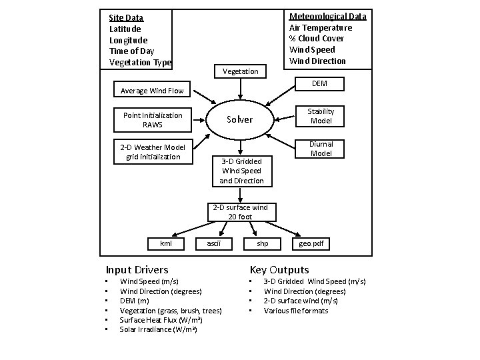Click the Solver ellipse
click(239, 119)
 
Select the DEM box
click(319, 83)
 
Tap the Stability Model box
click(321, 116)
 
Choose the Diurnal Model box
click(321, 149)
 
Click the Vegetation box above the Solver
click(240, 71)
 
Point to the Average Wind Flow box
click(152, 91)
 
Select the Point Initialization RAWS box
click(153, 120)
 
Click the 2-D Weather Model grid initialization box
click(153, 152)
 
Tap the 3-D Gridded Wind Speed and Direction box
click(241, 171)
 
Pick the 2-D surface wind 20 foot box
click(240, 211)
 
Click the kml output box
click(166, 243)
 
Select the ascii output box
click(214, 243)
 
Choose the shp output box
click(263, 243)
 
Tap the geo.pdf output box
click(310, 243)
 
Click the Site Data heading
click(126, 17)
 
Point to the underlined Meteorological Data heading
click(327, 16)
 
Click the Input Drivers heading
click(137, 270)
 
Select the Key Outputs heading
click(279, 270)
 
